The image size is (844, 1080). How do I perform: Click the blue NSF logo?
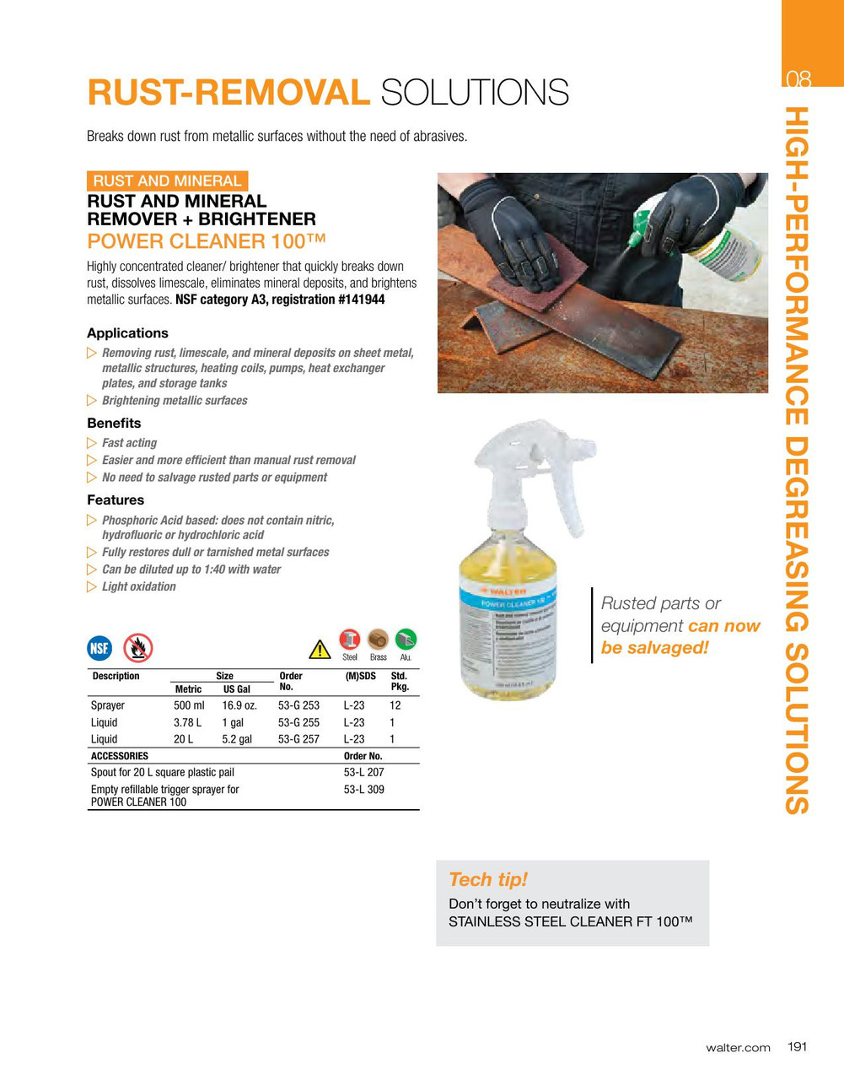tap(99, 648)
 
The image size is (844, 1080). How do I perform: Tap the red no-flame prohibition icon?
tap(137, 648)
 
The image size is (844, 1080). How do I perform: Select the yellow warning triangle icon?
tap(320, 649)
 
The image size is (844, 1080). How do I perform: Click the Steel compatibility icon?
tap(350, 639)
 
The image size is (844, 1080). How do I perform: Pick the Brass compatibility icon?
tap(378, 639)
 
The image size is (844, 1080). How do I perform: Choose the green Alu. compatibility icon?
tap(406, 639)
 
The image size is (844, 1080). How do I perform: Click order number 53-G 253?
tap(298, 705)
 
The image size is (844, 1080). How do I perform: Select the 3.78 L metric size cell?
tap(187, 722)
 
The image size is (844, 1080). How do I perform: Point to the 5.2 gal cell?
tap(237, 739)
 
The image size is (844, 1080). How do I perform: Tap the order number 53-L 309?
tap(363, 790)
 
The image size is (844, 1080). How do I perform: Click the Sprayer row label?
tap(108, 705)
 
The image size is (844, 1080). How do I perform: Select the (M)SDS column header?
tap(360, 676)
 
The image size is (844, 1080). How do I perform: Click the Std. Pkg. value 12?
tap(395, 705)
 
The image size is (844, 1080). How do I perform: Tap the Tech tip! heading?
tap(487, 879)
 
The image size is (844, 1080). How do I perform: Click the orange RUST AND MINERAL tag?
tap(167, 181)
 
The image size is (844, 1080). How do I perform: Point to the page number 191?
tap(797, 1046)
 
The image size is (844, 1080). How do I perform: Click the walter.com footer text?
tap(738, 1047)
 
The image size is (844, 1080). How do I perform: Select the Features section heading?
tap(116, 499)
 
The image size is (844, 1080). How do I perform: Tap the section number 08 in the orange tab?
tap(798, 79)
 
